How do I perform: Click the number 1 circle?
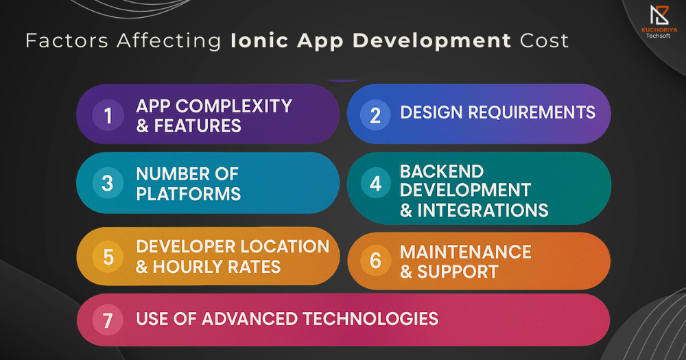[x=108, y=115]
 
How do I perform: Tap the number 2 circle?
[x=375, y=115]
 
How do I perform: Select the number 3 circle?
[x=108, y=183]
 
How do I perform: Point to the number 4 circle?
[x=375, y=183]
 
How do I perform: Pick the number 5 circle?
[x=108, y=256]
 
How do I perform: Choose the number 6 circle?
[x=375, y=261]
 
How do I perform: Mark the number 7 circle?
[x=108, y=320]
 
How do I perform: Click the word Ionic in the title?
[x=260, y=40]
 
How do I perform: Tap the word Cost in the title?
[x=544, y=41]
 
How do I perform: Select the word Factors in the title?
[x=67, y=41]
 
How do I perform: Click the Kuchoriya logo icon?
[x=659, y=15]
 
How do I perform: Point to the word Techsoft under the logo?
[x=659, y=36]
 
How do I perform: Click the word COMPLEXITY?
[x=234, y=106]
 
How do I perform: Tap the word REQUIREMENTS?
[x=532, y=112]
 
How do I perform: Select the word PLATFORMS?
[x=189, y=194]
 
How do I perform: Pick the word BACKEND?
[x=442, y=171]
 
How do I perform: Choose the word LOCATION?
[x=285, y=247]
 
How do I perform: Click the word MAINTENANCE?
[x=466, y=252]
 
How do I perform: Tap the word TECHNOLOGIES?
[x=370, y=319]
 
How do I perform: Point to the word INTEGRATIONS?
[x=482, y=211]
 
